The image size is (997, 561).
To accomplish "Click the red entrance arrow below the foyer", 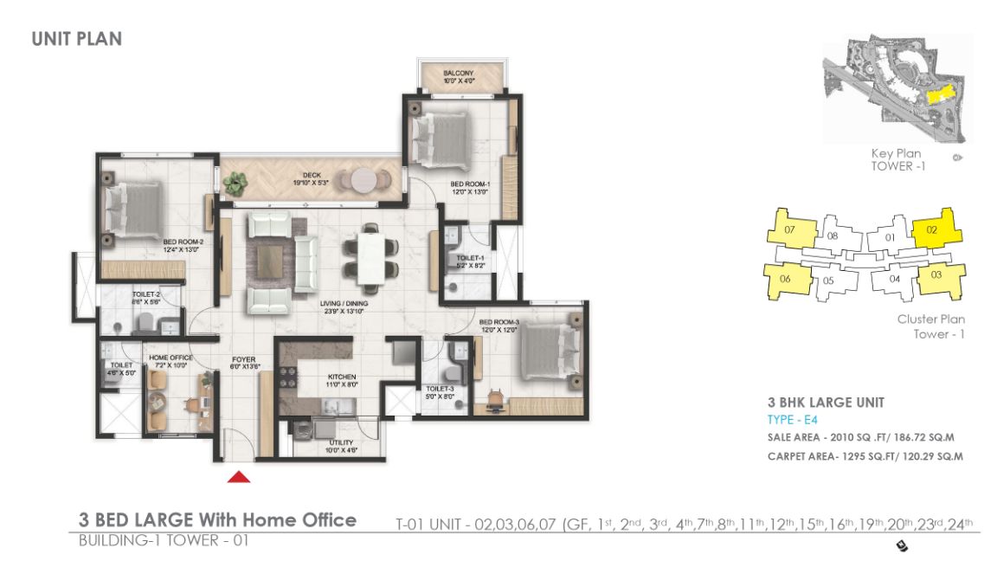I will (x=240, y=475).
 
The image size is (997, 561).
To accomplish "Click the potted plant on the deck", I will (x=234, y=183).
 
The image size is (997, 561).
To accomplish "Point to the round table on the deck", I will (x=363, y=180).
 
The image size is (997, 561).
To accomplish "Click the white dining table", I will (x=370, y=257).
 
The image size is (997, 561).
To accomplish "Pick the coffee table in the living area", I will (x=273, y=258).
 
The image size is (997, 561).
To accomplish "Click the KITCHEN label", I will (x=312, y=377).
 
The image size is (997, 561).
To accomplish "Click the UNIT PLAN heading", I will (x=76, y=39).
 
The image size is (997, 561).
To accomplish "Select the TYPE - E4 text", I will (x=787, y=419).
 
